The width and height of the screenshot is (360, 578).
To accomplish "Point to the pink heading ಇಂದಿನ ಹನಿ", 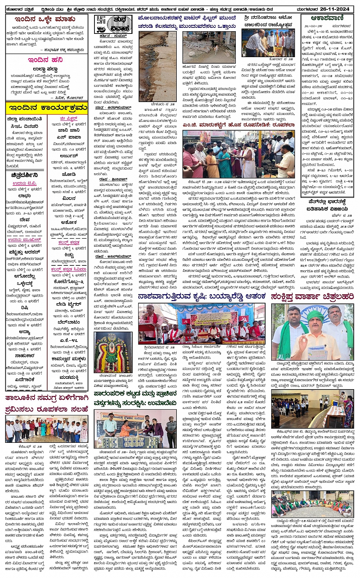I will (x=45, y=60).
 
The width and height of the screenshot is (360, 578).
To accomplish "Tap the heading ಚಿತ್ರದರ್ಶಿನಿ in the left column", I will (x=25, y=175).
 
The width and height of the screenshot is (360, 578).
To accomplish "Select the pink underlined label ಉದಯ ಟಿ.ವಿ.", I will (x=24, y=183).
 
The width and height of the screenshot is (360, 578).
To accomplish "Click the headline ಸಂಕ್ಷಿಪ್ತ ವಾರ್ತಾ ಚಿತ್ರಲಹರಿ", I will (x=312, y=297).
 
